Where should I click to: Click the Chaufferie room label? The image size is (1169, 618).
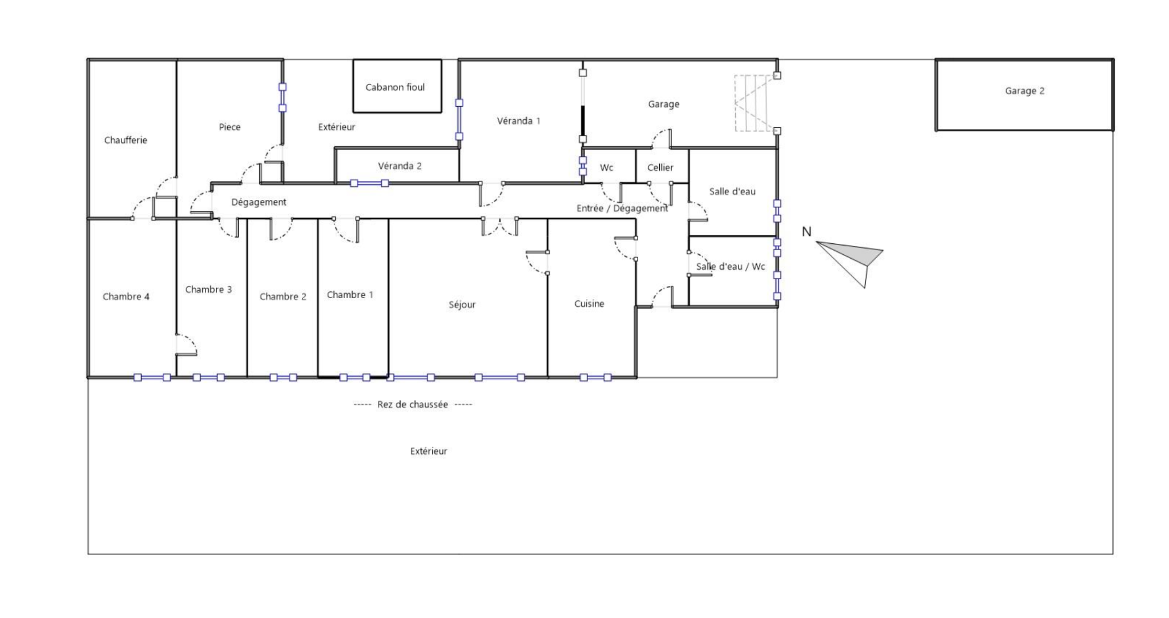click(x=126, y=140)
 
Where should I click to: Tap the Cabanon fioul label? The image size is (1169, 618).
click(x=395, y=87)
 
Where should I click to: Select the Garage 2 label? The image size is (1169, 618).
click(x=1025, y=91)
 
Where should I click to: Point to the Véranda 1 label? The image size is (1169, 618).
click(x=518, y=121)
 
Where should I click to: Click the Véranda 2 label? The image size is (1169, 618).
click(x=400, y=166)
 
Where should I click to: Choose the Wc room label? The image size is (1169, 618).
click(x=606, y=167)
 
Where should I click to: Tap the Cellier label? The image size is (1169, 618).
click(x=660, y=167)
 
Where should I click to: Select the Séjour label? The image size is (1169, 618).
click(x=462, y=305)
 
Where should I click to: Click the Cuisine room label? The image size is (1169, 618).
click(x=589, y=304)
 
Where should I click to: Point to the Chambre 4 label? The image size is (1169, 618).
click(x=126, y=296)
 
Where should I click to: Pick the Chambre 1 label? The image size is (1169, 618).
click(x=350, y=295)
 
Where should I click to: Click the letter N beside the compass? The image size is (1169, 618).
click(x=807, y=231)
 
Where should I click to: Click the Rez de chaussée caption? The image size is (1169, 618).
click(x=413, y=404)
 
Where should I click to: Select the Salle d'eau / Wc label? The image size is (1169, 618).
click(x=731, y=267)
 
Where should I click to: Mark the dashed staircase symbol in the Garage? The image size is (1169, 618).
click(x=755, y=103)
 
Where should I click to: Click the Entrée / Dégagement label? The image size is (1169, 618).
click(x=622, y=208)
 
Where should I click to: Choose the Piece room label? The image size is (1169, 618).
click(x=229, y=127)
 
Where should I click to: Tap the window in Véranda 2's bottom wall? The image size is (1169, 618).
click(x=369, y=183)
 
